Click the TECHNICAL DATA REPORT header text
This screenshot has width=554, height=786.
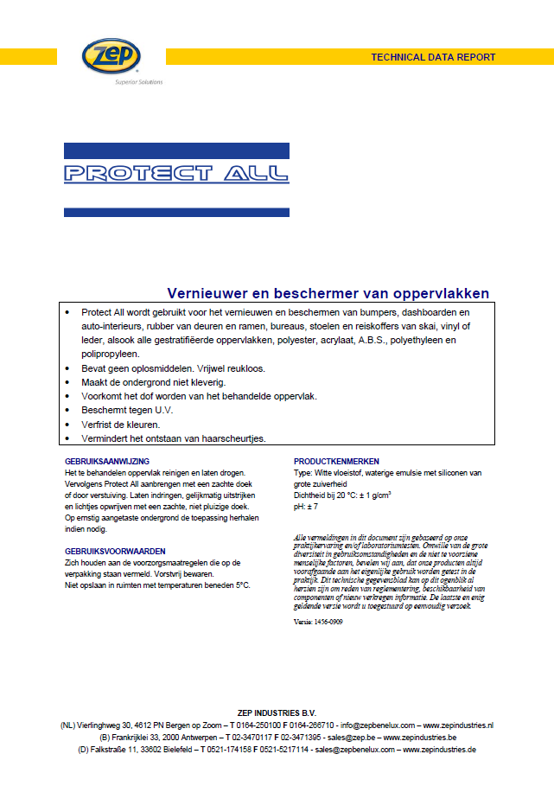433,57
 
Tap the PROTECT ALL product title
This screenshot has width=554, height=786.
177,173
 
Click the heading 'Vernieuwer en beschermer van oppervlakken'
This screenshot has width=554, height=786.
328,293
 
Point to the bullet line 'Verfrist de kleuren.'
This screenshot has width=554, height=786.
121,425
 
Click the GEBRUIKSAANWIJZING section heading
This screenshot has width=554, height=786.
107,462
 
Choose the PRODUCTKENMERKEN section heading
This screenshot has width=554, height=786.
336,462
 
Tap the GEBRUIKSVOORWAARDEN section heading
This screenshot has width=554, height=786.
115,551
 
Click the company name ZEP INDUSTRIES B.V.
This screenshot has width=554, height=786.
277,712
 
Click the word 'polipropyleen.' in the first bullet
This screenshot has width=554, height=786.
111,354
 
